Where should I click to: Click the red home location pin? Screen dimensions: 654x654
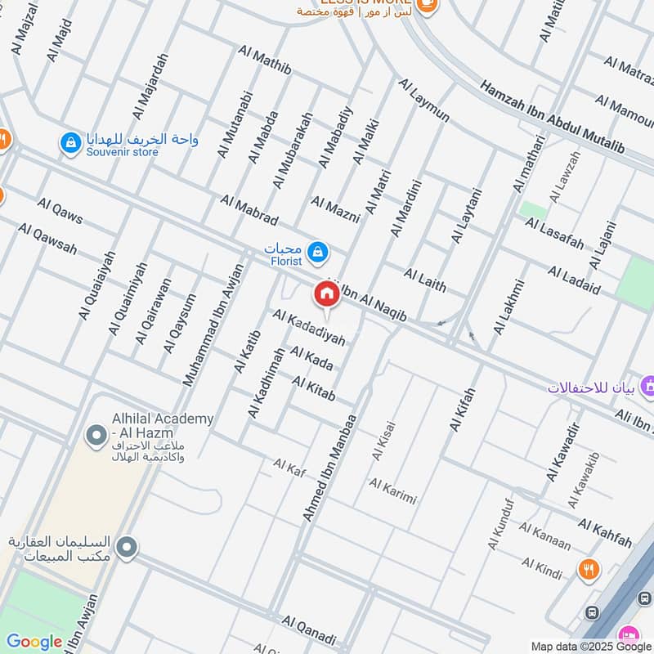(x=326, y=294)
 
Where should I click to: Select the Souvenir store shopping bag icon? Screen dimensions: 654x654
(x=71, y=144)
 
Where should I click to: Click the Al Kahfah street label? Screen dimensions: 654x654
(x=604, y=532)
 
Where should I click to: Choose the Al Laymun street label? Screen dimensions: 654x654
(x=423, y=100)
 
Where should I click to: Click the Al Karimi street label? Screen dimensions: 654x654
(x=392, y=490)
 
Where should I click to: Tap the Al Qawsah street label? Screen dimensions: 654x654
(x=47, y=239)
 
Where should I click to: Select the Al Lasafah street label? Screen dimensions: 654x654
(x=554, y=234)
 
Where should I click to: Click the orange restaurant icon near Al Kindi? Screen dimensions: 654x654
(x=588, y=570)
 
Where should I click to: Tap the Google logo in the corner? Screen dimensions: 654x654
(x=34, y=642)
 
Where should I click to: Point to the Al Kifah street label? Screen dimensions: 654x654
(x=462, y=409)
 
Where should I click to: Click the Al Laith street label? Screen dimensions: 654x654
(x=425, y=279)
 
